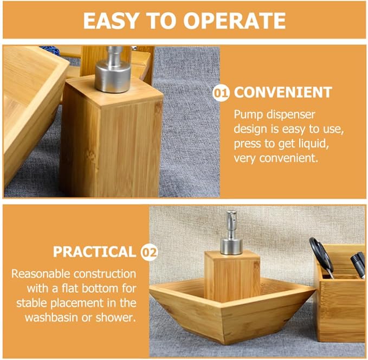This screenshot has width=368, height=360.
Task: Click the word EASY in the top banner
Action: (111, 21)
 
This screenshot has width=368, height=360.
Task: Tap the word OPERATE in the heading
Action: (235, 21)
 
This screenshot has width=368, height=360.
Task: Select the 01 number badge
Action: (221, 93)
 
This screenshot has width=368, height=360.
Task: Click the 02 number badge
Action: (149, 253)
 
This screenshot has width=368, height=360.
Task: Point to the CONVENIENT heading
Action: (283, 92)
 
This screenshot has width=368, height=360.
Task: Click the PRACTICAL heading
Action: (95, 252)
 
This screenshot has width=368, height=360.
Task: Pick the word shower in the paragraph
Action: (115, 318)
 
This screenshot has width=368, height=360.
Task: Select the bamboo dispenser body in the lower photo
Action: (232, 277)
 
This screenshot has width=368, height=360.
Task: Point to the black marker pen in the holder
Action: (358, 265)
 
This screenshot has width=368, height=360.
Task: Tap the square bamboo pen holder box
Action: (340, 293)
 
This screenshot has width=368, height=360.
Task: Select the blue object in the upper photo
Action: (51, 50)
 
